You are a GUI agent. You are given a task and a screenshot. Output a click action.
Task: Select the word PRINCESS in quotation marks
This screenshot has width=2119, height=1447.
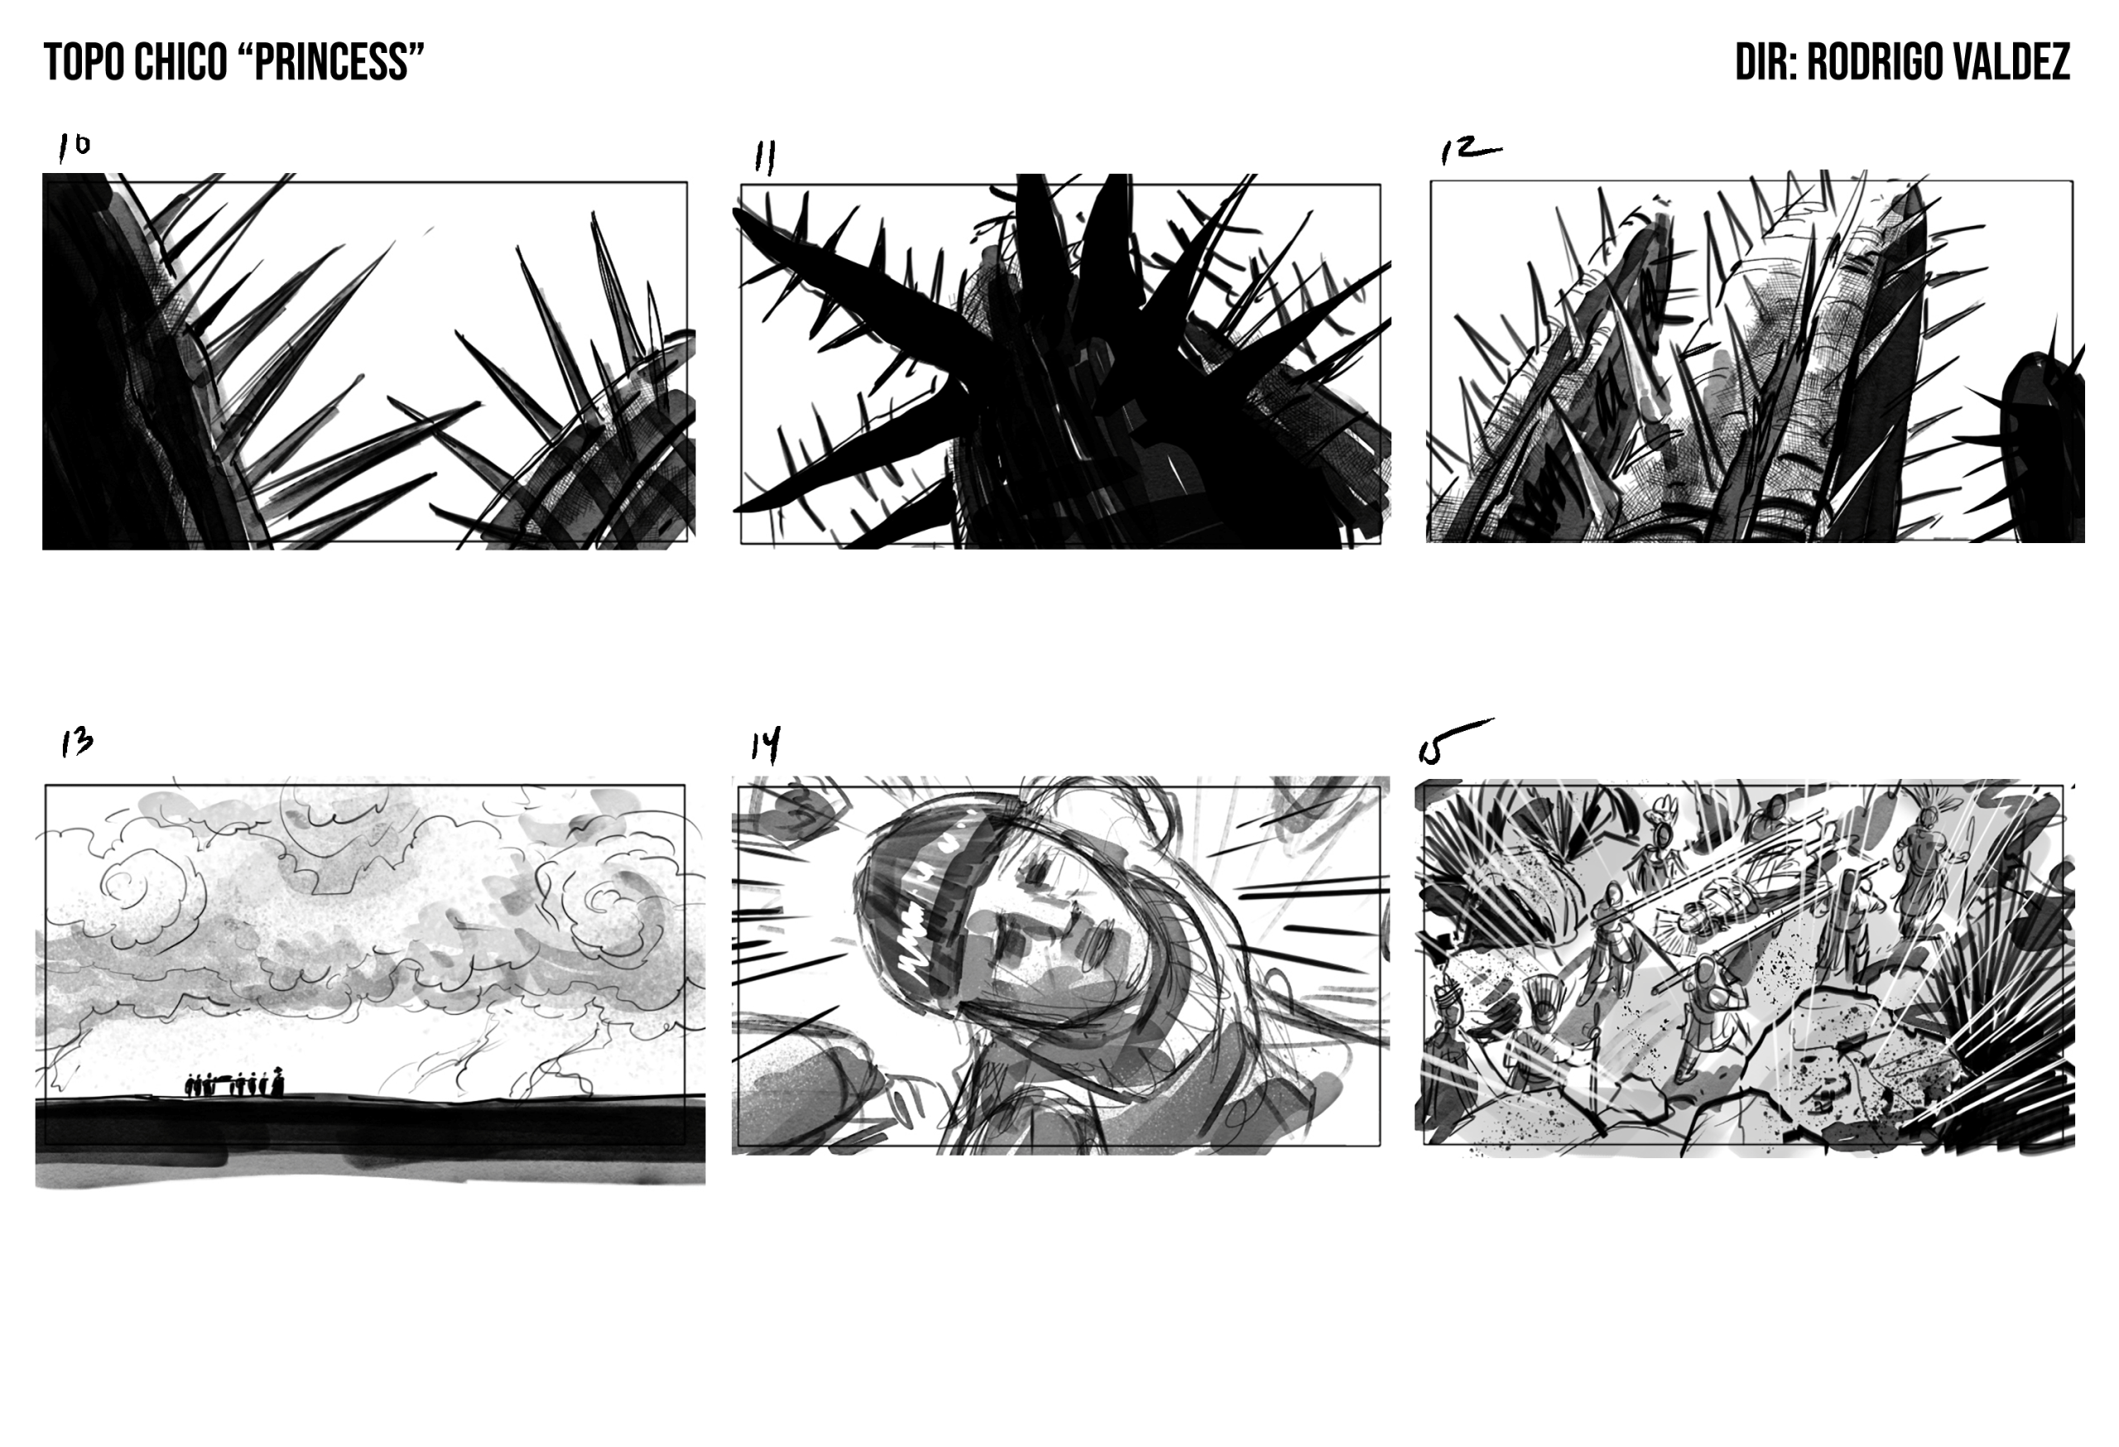tap(332, 62)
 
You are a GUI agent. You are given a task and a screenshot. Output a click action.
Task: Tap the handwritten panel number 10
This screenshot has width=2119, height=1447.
tap(74, 147)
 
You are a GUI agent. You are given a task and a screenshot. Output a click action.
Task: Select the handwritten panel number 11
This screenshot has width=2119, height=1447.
tap(765, 158)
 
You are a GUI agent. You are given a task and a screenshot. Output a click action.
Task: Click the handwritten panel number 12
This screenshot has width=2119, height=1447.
tap(1469, 151)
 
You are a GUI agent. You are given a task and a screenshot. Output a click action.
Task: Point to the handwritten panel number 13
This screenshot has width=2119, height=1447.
tap(77, 743)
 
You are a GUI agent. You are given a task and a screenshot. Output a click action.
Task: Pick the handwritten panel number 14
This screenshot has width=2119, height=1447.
tap(766, 746)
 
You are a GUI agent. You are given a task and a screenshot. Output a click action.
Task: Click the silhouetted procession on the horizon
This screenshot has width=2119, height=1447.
tap(235, 1084)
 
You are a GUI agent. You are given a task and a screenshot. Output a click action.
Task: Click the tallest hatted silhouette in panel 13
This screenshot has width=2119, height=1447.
tap(277, 1081)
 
